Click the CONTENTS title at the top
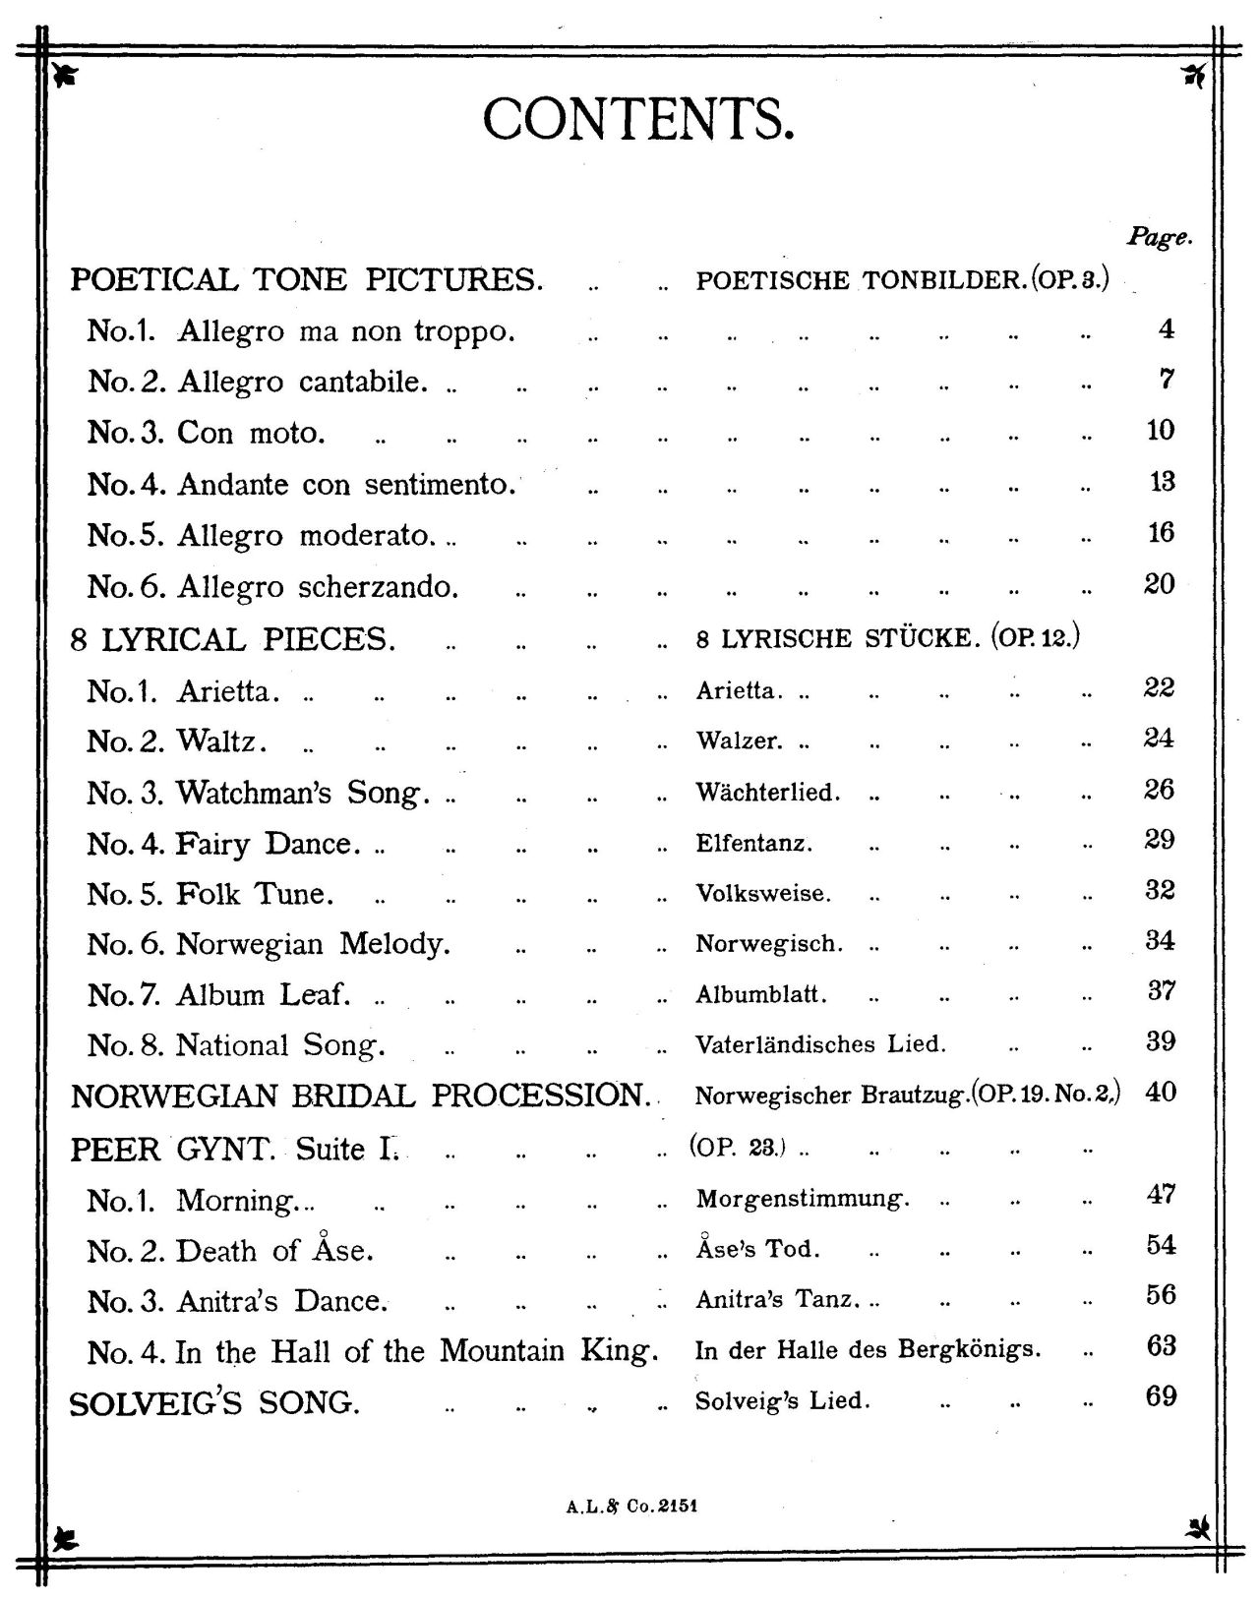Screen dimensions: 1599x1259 coord(637,120)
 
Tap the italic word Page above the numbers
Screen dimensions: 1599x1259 coord(1159,237)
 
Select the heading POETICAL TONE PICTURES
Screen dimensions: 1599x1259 coord(306,280)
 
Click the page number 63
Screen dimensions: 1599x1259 coord(1161,1345)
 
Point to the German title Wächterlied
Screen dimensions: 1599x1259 coord(768,793)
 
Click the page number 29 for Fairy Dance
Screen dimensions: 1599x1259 coord(1161,839)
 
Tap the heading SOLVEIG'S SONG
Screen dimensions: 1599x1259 coord(214,1403)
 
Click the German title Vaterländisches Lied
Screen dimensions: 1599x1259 coord(820,1044)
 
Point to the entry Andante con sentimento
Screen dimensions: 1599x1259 coord(301,485)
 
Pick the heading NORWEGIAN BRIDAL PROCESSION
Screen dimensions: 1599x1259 coord(361,1096)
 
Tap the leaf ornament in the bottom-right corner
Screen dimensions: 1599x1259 coord(1198,1527)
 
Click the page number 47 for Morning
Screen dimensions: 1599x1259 coord(1161,1195)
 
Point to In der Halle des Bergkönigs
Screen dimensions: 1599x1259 coord(868,1350)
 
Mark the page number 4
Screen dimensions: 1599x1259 coord(1167,328)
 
